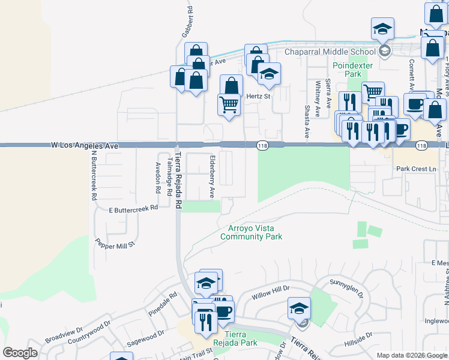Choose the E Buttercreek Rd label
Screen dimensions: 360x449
(133, 209)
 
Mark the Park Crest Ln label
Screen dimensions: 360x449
(416, 169)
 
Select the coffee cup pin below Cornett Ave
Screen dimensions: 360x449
(415, 103)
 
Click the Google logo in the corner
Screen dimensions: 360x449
(20, 353)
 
